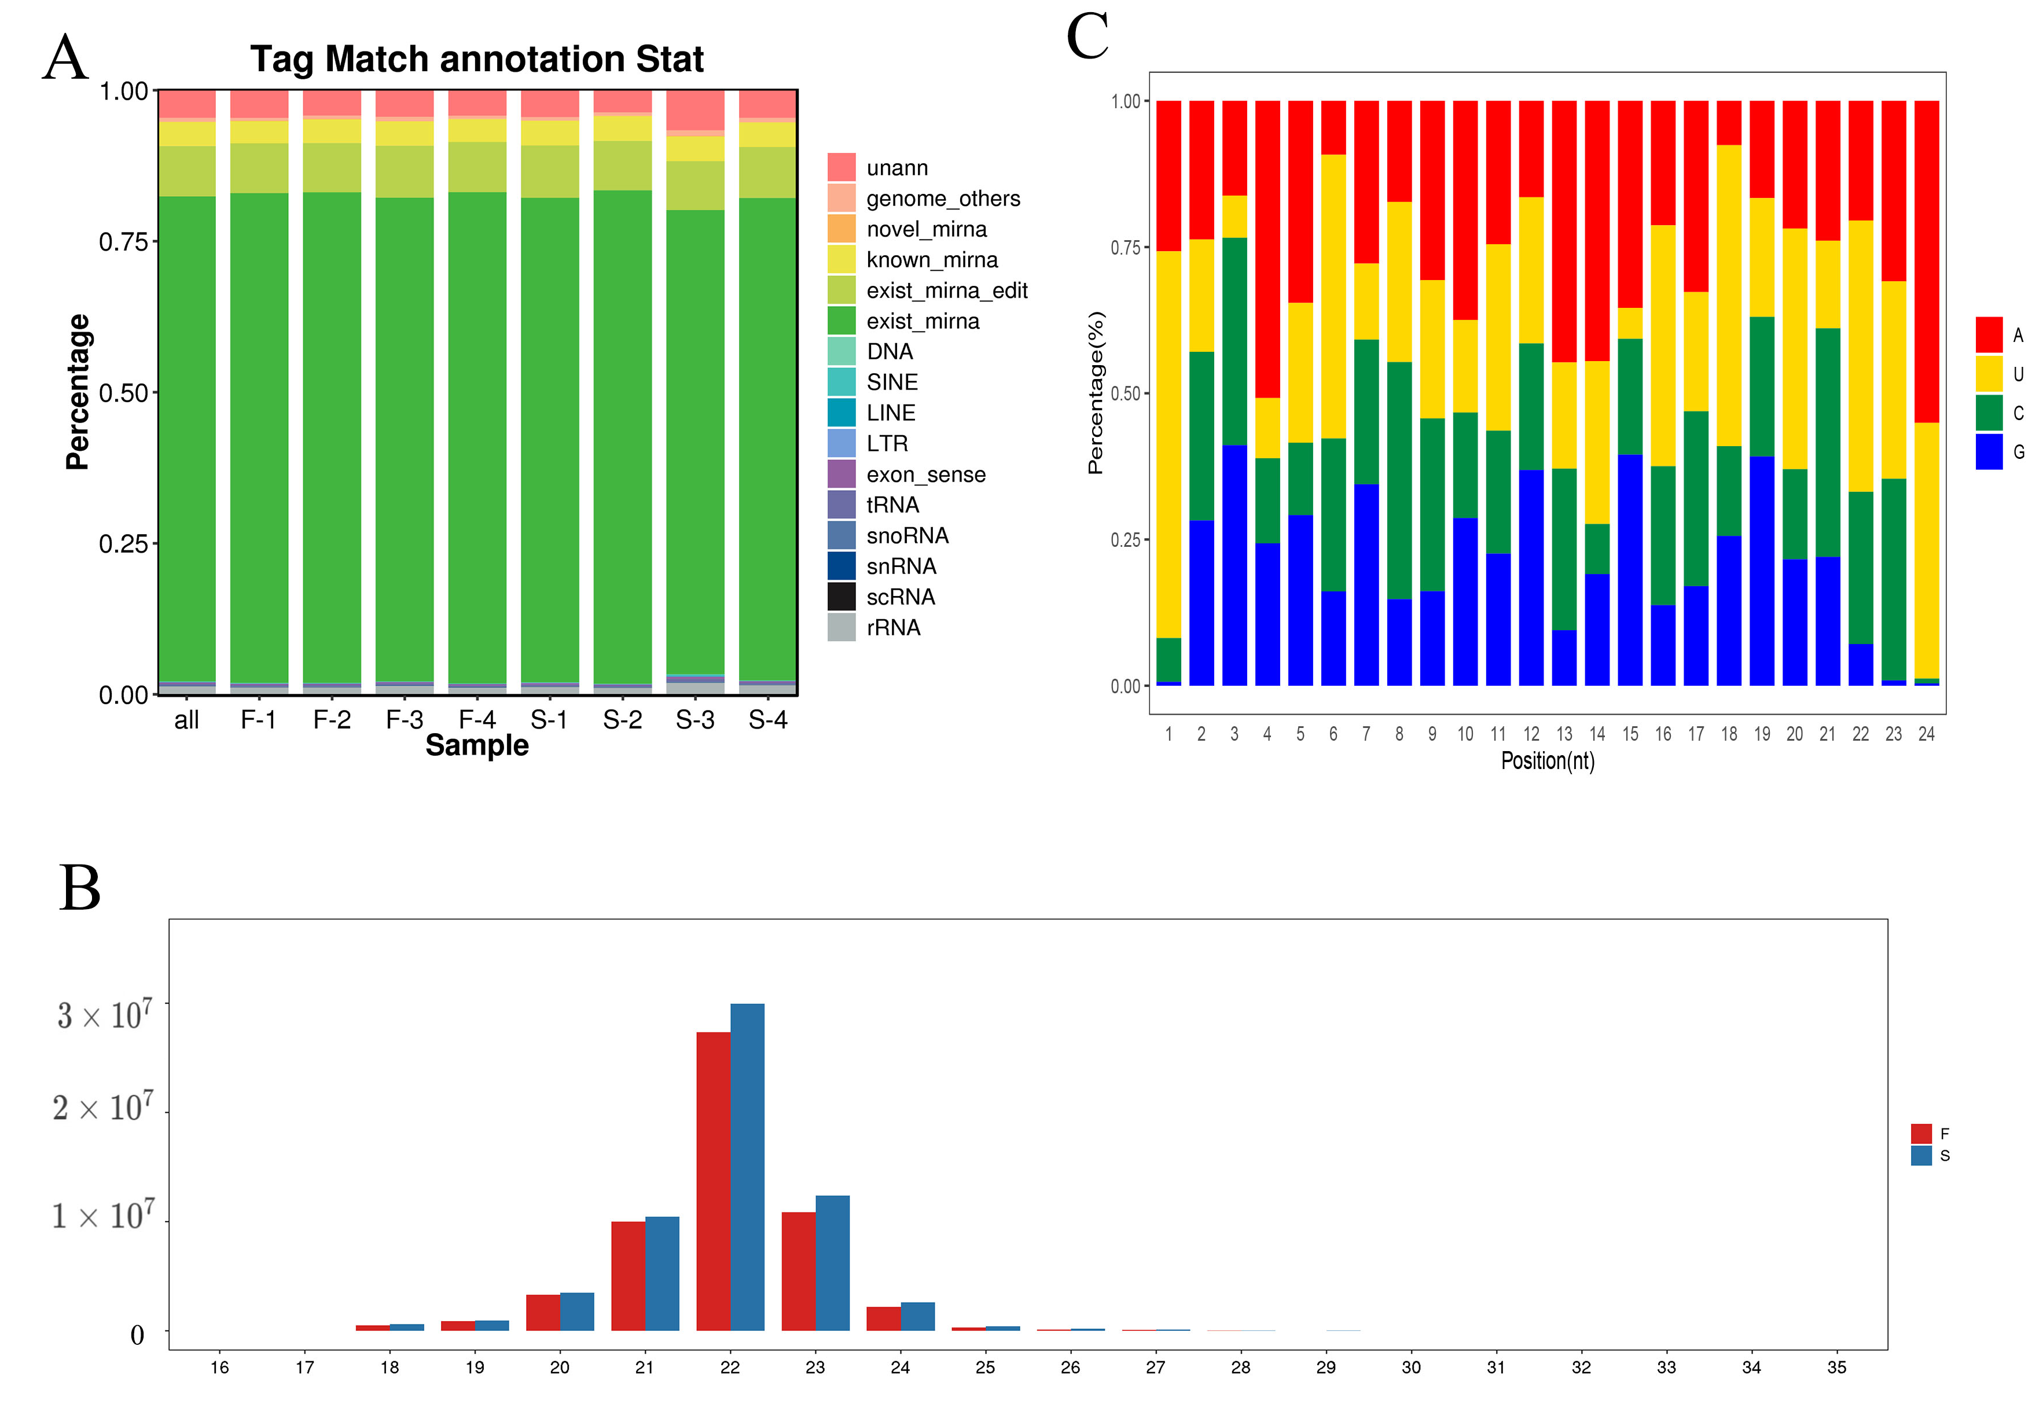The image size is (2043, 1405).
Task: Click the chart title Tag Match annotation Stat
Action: pos(476,59)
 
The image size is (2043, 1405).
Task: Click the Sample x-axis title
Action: pos(476,746)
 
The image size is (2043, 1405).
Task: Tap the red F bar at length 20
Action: pos(542,1312)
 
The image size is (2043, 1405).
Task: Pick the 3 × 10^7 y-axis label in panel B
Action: pos(104,1015)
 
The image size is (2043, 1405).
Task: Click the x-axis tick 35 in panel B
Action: pos(1836,1367)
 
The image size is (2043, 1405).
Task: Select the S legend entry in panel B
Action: pos(1931,1156)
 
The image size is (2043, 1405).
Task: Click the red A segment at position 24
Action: pos(1926,262)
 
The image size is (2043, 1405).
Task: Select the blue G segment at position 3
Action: pos(1233,564)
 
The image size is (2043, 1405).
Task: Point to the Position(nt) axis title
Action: pos(1546,760)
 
